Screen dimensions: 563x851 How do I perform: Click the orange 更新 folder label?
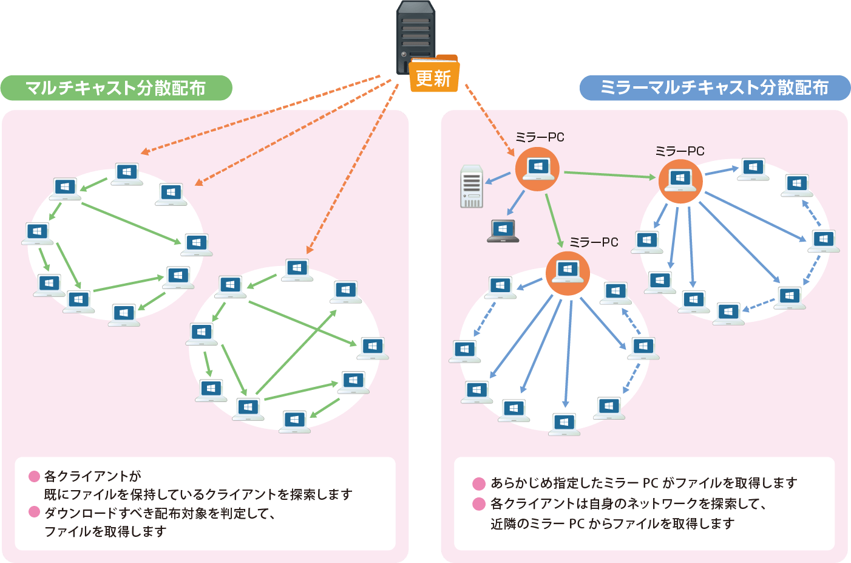pos(433,77)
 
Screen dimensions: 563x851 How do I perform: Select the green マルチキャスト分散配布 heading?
pos(116,88)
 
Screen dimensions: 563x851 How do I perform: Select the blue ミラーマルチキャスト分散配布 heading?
pos(714,87)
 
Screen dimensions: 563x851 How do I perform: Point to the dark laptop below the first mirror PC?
pos(503,231)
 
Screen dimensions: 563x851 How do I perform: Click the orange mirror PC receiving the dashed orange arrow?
pos(537,168)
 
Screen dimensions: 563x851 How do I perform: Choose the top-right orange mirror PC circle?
pos(680,180)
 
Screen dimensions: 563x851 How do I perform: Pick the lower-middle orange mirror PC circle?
pos(568,273)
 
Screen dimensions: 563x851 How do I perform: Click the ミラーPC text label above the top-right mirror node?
pos(679,151)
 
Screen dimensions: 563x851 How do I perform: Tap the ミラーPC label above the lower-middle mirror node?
pos(594,242)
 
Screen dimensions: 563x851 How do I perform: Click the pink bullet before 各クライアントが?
pos(35,476)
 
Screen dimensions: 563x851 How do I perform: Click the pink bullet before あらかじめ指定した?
pos(479,483)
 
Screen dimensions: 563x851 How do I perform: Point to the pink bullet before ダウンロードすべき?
pos(35,512)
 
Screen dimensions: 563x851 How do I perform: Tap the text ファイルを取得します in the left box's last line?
pos(106,531)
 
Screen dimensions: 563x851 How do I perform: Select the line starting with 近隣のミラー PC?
pos(612,524)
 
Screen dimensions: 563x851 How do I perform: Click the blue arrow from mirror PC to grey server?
pos(498,177)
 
